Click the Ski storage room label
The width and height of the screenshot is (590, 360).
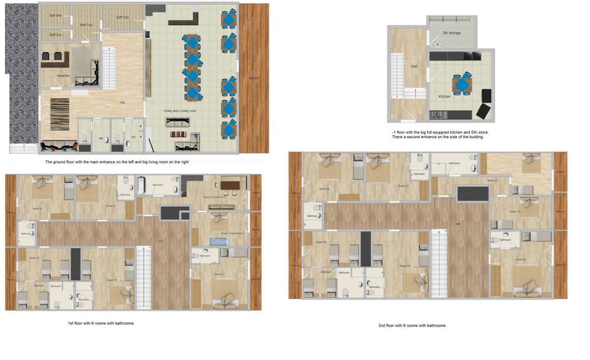click(452, 33)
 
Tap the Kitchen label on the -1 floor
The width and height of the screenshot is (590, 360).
click(444, 96)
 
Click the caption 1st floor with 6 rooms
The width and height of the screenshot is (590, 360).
click(101, 323)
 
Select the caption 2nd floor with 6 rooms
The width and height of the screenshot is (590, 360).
click(412, 325)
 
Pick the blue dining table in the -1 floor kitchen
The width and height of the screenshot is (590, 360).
click(461, 84)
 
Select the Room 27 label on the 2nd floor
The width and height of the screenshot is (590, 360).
click(404, 186)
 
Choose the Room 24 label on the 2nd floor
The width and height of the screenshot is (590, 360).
click(404, 266)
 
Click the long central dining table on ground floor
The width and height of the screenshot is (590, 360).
click(192, 68)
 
